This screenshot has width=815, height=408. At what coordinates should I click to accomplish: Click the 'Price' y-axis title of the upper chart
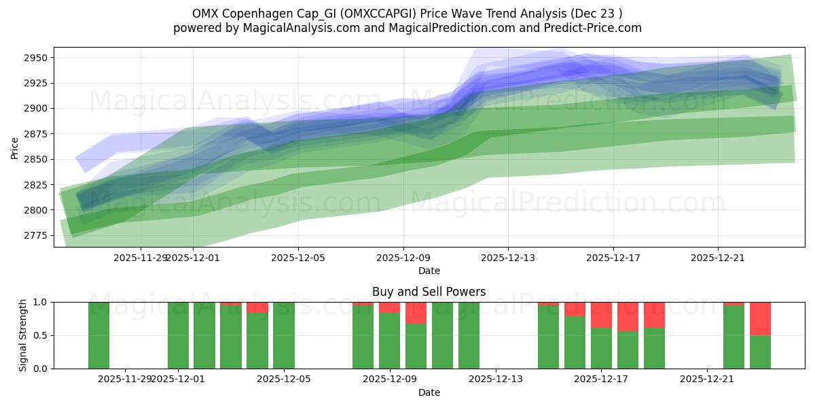tap(15, 147)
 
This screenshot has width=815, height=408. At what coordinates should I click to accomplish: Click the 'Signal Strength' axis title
tap(23, 335)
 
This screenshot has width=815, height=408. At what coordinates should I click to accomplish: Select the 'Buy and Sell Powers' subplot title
tap(429, 292)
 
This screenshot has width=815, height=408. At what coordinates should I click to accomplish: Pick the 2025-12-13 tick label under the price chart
tap(508, 258)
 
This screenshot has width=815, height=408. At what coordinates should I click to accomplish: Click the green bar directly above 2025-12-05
tap(284, 335)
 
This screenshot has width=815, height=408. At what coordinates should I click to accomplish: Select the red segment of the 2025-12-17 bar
tap(601, 314)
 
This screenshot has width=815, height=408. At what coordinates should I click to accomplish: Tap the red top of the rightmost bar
tap(760, 318)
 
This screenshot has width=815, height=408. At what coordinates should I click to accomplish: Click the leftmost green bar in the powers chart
tap(98, 335)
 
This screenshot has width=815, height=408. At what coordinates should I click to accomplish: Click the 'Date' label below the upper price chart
tap(429, 271)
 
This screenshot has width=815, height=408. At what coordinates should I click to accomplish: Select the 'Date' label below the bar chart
tap(429, 392)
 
